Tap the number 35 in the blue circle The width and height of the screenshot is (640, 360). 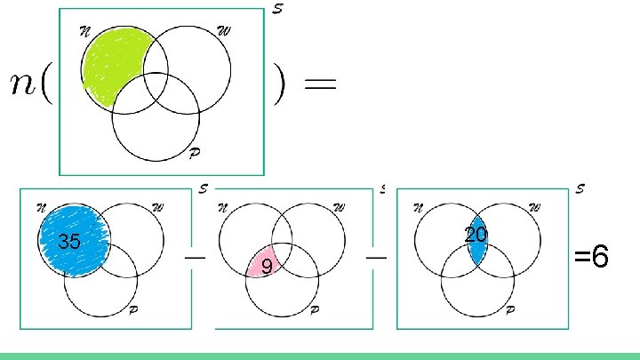(69, 242)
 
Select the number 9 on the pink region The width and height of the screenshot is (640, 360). (266, 265)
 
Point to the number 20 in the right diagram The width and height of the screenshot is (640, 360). (476, 235)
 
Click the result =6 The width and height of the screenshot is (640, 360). (591, 259)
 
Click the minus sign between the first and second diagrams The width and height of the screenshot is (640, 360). (190, 254)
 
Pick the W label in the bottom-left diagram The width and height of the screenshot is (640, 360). (157, 208)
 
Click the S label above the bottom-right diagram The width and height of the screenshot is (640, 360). (580, 188)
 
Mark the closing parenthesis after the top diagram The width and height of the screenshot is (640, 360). (280, 87)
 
